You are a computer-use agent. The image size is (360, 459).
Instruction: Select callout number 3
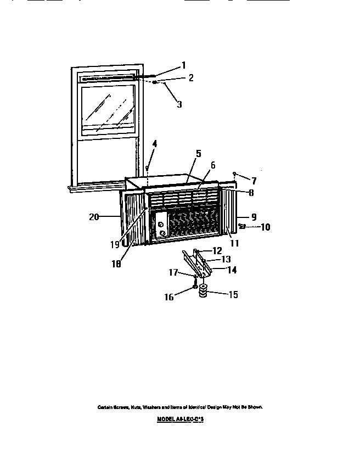point(179,104)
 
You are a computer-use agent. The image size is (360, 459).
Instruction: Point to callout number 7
point(254,181)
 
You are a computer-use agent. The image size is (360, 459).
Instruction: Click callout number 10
point(265,226)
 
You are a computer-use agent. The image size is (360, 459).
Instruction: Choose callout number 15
point(233,294)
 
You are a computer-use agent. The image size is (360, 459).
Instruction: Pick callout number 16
point(169,297)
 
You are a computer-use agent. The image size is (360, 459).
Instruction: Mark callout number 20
point(94,217)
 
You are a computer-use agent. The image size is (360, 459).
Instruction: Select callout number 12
point(217,251)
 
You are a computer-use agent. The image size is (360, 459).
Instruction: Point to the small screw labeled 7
point(234,173)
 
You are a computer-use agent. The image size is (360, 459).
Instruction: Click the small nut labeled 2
point(156,82)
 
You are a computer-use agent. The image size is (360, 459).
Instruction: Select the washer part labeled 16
point(195,287)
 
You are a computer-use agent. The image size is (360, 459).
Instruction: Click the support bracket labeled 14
point(203,267)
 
